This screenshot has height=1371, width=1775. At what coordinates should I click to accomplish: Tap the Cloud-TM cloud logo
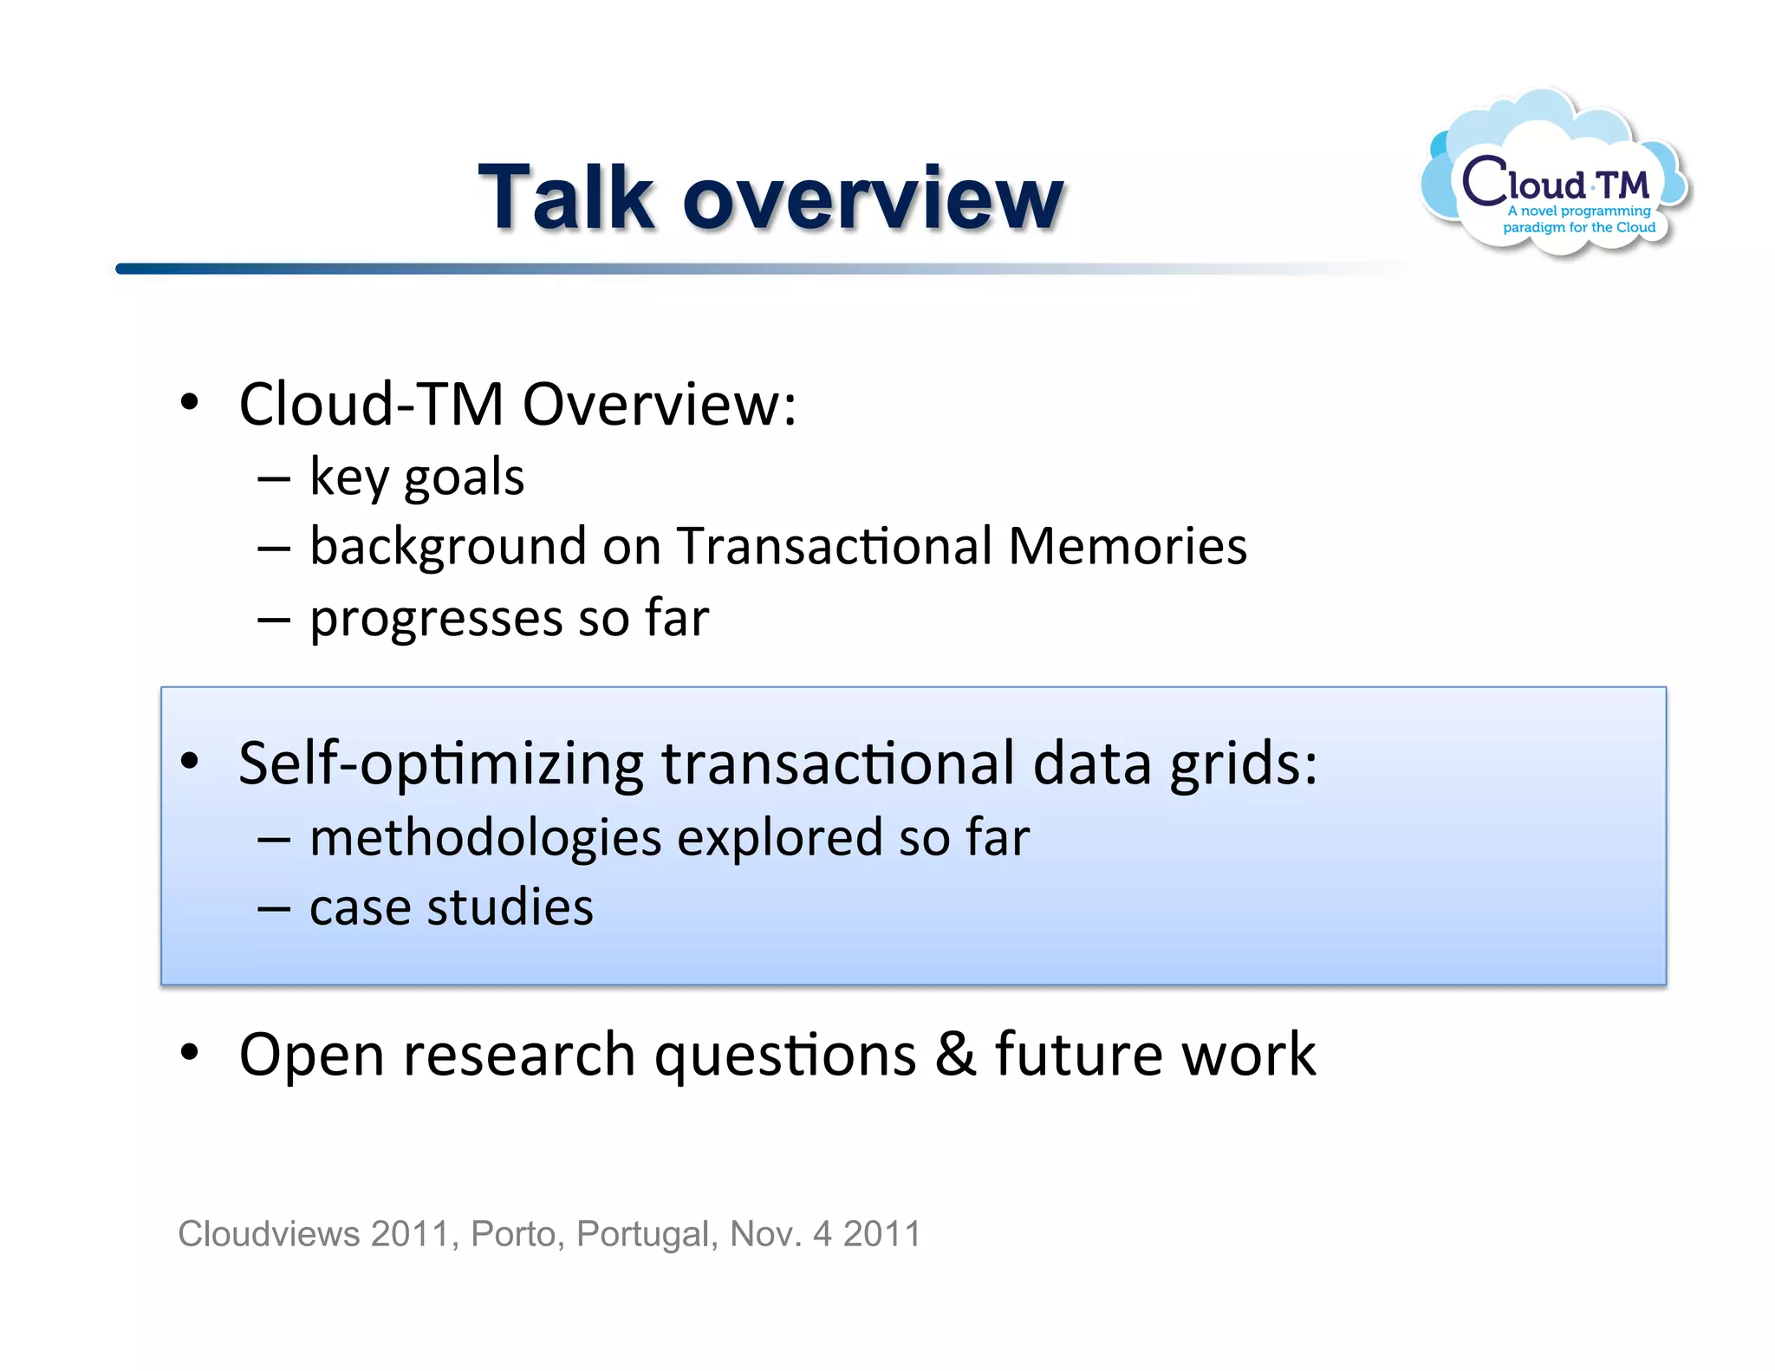1555,173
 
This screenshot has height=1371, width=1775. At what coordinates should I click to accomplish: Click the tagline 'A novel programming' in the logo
1579,211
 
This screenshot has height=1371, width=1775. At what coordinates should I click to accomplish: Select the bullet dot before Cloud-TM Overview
190,403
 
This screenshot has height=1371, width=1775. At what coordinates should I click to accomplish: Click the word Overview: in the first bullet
659,405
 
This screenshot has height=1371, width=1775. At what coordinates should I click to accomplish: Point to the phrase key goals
417,478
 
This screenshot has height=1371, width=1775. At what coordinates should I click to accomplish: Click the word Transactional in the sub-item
834,547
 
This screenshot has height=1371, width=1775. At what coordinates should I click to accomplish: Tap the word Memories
1128,547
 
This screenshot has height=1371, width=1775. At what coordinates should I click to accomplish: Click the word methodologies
485,838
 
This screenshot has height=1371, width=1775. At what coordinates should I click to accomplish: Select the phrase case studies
451,908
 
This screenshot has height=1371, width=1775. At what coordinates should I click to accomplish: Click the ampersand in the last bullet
955,1055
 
